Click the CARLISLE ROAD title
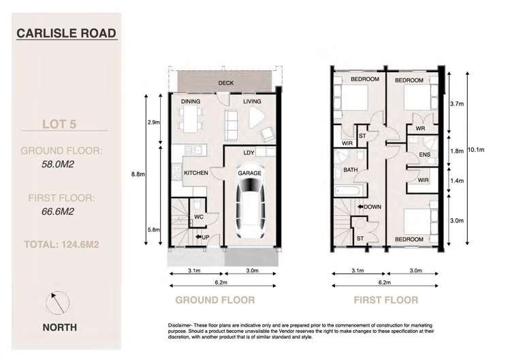(x=65, y=32)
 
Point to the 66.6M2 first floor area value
(x=59, y=212)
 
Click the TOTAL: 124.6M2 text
(x=64, y=243)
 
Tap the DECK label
(x=227, y=84)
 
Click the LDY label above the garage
(x=249, y=152)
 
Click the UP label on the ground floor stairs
(x=204, y=237)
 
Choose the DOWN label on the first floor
(x=371, y=207)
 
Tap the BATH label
(x=351, y=169)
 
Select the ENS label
(x=424, y=155)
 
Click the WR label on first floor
(x=421, y=128)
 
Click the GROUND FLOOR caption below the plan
(x=215, y=300)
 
